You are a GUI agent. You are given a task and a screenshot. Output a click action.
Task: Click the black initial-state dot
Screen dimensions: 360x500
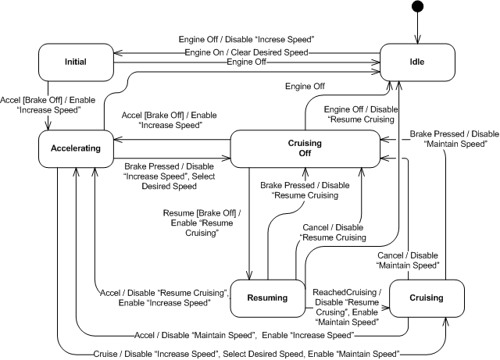(x=419, y=9)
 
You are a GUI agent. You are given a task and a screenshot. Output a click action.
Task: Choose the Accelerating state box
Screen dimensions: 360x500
(x=76, y=148)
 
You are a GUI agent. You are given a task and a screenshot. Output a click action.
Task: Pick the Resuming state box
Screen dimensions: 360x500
(x=266, y=298)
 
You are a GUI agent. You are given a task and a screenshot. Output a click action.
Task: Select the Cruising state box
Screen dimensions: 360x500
(x=426, y=298)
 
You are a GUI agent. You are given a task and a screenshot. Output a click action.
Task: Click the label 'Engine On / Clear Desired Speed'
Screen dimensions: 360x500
(x=246, y=52)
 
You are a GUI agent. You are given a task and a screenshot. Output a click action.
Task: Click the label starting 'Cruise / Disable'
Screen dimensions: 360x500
(x=245, y=354)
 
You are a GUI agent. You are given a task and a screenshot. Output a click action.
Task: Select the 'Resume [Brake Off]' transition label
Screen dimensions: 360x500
(x=197, y=223)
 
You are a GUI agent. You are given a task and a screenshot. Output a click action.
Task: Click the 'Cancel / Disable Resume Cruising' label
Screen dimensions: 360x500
(x=334, y=231)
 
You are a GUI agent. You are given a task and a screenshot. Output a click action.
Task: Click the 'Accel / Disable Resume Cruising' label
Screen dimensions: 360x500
(x=163, y=297)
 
